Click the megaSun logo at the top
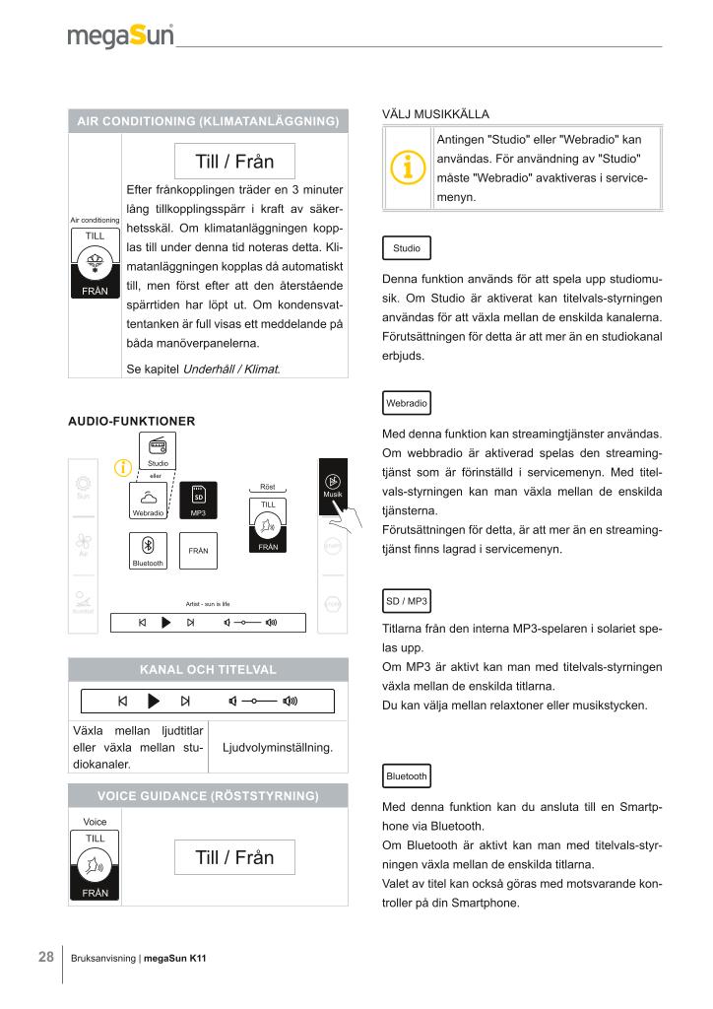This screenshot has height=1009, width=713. (x=121, y=36)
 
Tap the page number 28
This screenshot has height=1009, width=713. (x=46, y=957)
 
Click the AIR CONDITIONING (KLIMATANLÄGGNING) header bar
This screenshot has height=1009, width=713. (x=208, y=122)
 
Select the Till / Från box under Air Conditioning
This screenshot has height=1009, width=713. (x=234, y=161)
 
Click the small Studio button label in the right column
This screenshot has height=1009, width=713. (x=406, y=248)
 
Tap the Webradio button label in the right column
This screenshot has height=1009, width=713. (x=406, y=404)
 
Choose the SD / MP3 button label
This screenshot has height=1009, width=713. (x=406, y=601)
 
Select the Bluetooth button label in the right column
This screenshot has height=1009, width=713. (x=407, y=776)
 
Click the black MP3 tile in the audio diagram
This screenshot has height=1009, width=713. (x=198, y=500)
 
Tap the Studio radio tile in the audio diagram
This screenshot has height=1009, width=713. (x=158, y=450)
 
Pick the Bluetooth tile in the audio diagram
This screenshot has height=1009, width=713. (x=149, y=550)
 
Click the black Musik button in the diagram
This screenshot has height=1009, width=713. (x=333, y=486)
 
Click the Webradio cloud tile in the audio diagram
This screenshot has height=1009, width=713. (x=148, y=500)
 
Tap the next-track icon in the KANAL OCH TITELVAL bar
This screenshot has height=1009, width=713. (x=185, y=702)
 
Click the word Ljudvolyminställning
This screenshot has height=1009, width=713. (x=279, y=748)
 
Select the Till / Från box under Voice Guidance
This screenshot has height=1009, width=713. (x=234, y=857)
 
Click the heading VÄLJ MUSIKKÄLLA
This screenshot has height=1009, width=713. (x=435, y=114)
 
